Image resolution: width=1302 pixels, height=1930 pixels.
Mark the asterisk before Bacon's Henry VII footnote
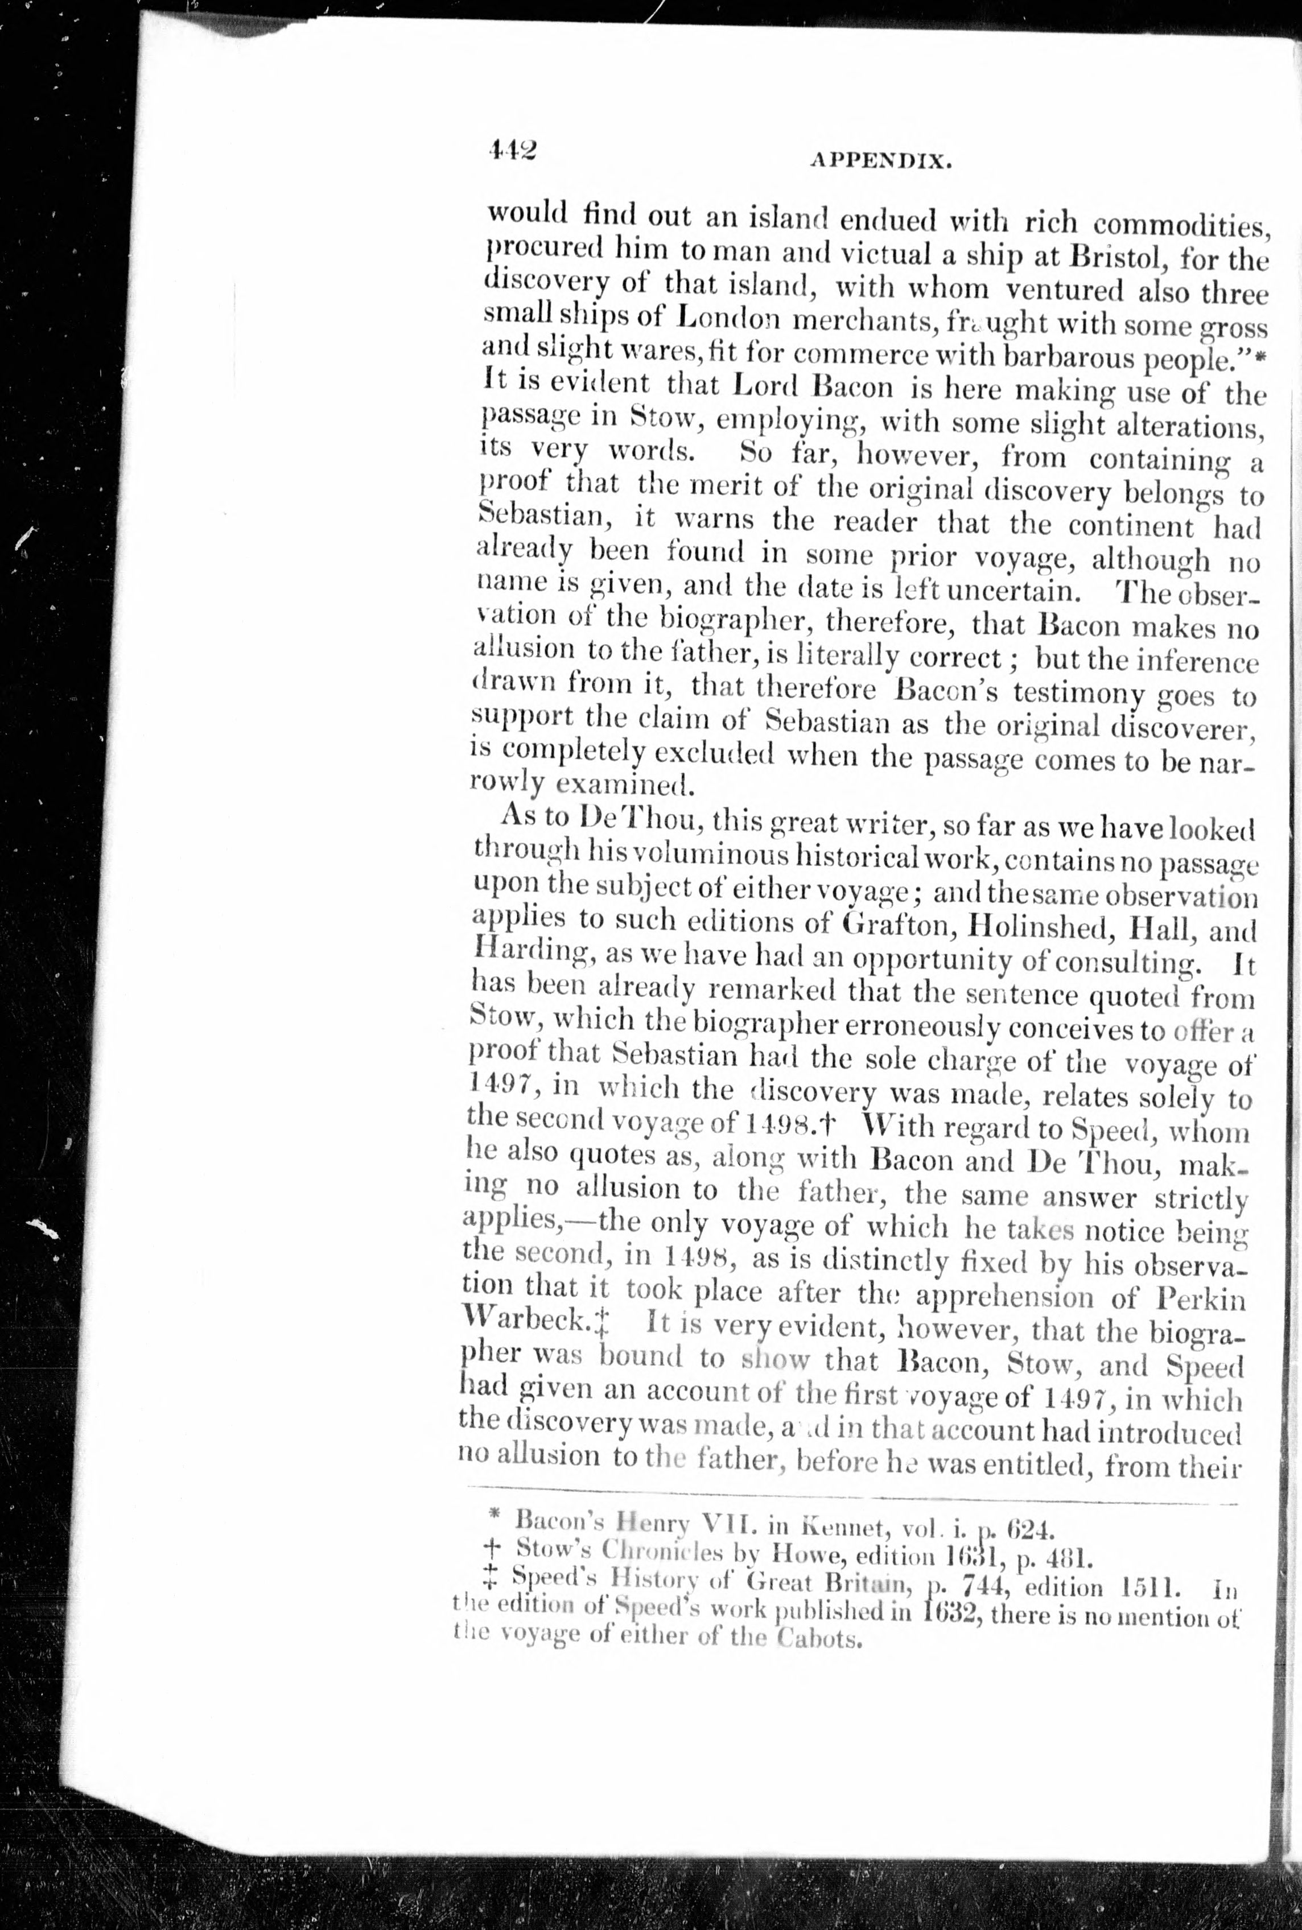(494, 1516)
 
